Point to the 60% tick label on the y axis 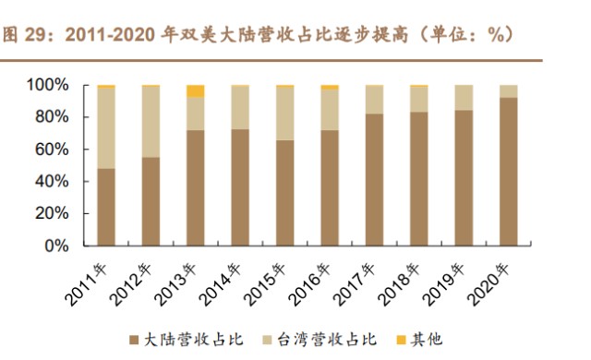54,150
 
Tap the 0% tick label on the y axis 58,246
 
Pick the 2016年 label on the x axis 314,282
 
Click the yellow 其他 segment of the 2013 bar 195,90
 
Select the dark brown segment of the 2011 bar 105,208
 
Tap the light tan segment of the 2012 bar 150,121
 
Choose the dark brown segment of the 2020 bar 508,172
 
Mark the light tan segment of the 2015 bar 284,114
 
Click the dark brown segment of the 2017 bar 374,180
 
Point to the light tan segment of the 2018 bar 418,99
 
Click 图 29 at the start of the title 22,34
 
